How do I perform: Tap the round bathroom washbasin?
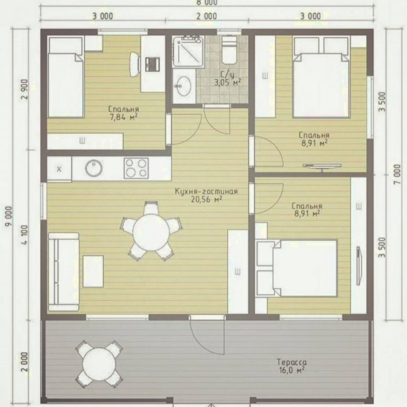(x=183, y=85)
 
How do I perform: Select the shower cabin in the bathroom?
(x=189, y=52)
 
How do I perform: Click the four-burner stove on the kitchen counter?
(x=136, y=168)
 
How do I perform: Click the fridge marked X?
(x=59, y=169)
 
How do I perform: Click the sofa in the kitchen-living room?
(x=64, y=271)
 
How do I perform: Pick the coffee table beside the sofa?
(x=93, y=271)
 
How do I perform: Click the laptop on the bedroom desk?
(x=153, y=64)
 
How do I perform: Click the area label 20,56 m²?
(x=206, y=199)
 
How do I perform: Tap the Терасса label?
(x=292, y=362)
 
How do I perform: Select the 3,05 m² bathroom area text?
(x=227, y=83)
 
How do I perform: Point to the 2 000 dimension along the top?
(x=207, y=16)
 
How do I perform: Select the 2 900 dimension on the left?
(x=25, y=89)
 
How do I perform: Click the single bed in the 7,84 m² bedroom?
(x=66, y=77)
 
